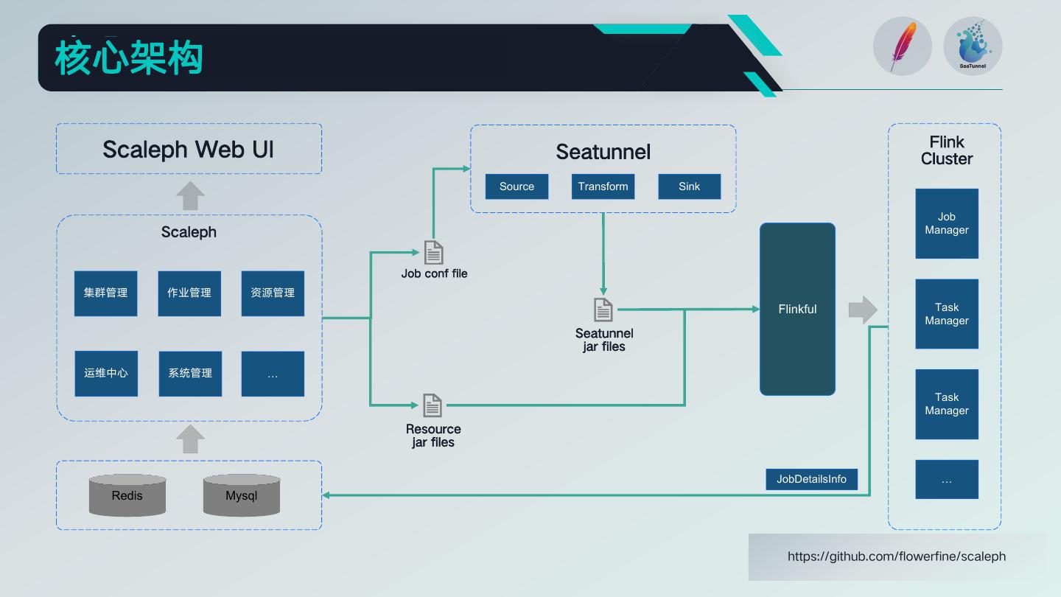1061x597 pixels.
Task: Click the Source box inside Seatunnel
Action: (x=517, y=186)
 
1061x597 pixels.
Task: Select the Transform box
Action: (x=603, y=186)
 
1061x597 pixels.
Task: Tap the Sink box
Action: (x=689, y=186)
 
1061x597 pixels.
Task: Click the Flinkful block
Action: (x=797, y=309)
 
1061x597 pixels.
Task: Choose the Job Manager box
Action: (x=947, y=223)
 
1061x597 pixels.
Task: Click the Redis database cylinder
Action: (x=127, y=495)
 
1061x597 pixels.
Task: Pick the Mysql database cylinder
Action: (x=242, y=495)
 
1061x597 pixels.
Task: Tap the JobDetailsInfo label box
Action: (x=811, y=479)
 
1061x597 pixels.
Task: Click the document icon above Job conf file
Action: (x=433, y=252)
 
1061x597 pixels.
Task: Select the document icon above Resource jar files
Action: (x=433, y=405)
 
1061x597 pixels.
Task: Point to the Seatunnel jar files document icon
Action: (x=603, y=310)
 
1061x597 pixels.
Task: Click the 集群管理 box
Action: (x=105, y=293)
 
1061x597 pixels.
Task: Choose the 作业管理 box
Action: (x=189, y=293)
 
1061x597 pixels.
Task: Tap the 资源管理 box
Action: (x=273, y=293)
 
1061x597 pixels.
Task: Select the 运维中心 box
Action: (x=106, y=374)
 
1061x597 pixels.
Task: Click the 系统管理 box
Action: (x=190, y=374)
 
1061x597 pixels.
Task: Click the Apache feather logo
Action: (x=903, y=46)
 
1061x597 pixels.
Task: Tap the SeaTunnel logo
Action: (x=973, y=46)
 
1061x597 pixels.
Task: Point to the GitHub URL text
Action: (x=897, y=556)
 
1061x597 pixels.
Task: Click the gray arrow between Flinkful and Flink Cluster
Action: (x=863, y=310)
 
